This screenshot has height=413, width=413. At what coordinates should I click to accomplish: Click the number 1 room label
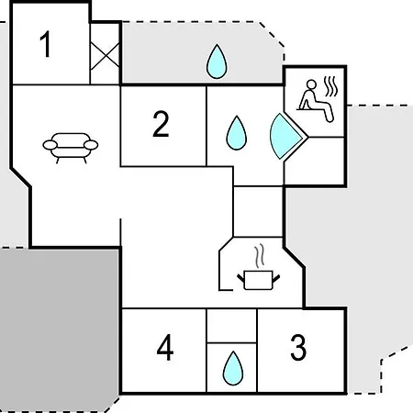46,44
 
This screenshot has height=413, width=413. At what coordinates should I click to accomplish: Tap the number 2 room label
161,124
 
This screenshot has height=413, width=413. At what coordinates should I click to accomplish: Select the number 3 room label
298,348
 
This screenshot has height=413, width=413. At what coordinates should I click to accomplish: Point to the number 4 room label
165,348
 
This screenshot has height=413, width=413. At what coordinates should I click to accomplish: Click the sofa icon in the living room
71,148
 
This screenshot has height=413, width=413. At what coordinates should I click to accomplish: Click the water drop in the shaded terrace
217,61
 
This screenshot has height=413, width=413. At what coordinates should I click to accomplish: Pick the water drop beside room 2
237,133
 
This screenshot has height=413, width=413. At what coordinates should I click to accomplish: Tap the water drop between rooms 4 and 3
233,368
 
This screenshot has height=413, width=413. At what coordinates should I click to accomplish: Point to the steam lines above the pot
260,256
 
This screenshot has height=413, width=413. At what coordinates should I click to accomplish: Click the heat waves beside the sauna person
331,86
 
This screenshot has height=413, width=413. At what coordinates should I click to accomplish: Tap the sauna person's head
311,84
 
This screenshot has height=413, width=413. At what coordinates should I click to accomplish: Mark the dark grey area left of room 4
58,329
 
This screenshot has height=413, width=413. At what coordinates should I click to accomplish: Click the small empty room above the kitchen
258,211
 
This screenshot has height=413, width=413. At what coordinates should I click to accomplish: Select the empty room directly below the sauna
315,161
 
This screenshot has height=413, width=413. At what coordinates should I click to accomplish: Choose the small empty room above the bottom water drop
231,326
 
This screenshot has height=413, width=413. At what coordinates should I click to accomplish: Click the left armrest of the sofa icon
50,145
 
